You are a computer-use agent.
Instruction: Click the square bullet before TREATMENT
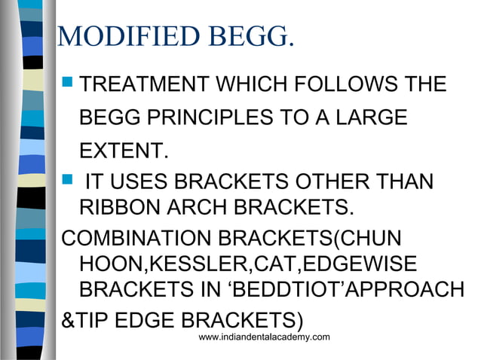tap(67, 84)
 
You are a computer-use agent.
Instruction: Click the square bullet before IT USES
tap(67, 182)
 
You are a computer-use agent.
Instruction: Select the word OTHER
tap(342, 182)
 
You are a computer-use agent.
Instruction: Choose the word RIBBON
tap(121, 206)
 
